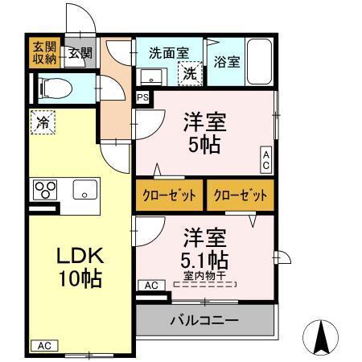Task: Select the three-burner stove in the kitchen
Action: [45, 191]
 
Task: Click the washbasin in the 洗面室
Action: [151, 76]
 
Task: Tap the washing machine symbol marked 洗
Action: [190, 73]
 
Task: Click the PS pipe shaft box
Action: [142, 98]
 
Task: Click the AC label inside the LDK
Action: [43, 345]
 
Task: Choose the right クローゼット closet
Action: [239, 195]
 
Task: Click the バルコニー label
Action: [204, 320]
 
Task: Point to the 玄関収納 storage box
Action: [44, 52]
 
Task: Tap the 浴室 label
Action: [227, 61]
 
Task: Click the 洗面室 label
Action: [169, 52]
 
